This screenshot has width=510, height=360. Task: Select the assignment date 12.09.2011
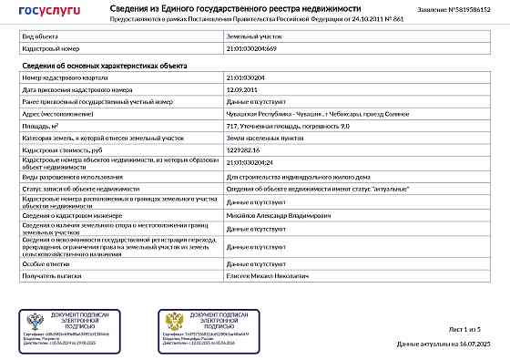(241, 91)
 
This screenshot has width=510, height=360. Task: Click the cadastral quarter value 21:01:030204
(246, 79)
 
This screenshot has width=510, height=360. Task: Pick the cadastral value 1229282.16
(244, 148)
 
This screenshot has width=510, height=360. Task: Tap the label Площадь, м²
(40, 125)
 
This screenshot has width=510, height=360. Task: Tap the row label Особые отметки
(44, 262)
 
